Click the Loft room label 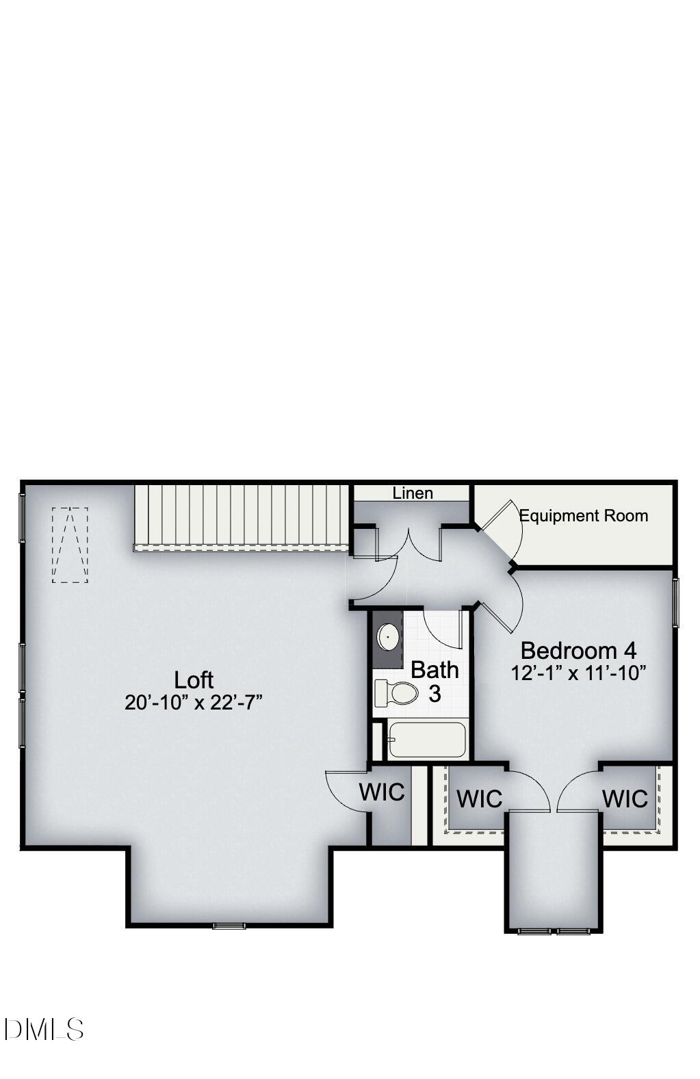[194, 679]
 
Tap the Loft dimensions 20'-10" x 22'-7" [194, 702]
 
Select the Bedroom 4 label [578, 650]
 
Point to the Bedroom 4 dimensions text [578, 673]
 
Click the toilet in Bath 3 [397, 693]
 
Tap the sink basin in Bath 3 [388, 637]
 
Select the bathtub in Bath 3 [427, 740]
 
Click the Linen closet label [413, 493]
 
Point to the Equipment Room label [584, 515]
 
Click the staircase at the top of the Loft [242, 516]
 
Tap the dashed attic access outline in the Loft [70, 545]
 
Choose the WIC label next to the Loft [382, 792]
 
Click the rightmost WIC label [625, 798]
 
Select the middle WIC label [479, 798]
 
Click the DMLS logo [44, 1029]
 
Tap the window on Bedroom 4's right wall [675, 602]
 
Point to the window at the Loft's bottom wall [229, 926]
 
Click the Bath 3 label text [435, 681]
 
